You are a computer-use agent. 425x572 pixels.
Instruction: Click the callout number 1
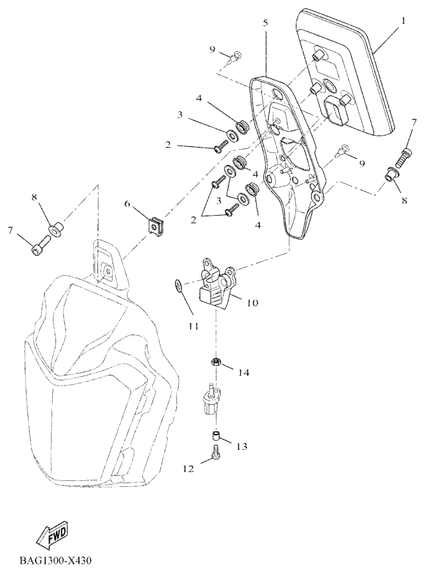403,20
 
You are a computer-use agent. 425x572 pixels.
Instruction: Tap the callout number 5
265,23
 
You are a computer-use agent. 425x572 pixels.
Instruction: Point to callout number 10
252,303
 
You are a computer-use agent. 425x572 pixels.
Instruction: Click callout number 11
193,326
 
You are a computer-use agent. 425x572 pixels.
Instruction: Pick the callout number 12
188,469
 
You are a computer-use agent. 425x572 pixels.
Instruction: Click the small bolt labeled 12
216,456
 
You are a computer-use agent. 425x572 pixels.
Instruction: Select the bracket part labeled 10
216,283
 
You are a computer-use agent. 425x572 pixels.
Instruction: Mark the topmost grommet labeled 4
242,126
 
